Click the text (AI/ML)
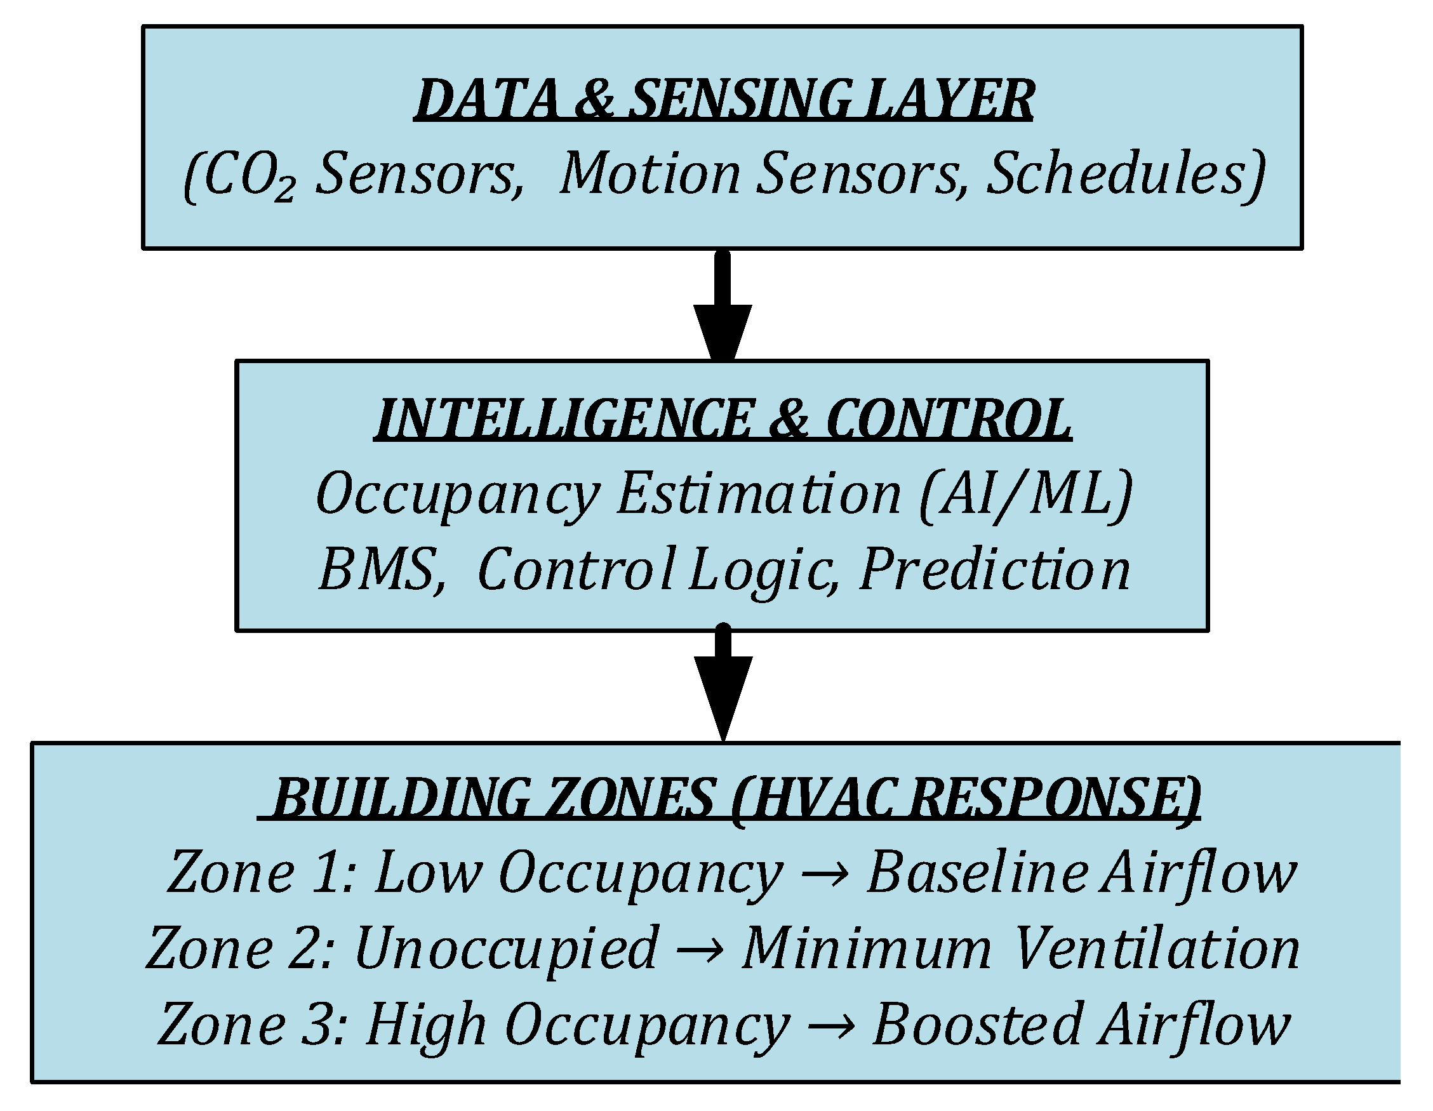1026,495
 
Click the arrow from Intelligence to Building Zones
723,682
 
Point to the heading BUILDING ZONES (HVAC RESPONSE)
728,797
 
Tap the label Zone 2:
240,949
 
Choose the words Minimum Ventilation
1021,949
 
